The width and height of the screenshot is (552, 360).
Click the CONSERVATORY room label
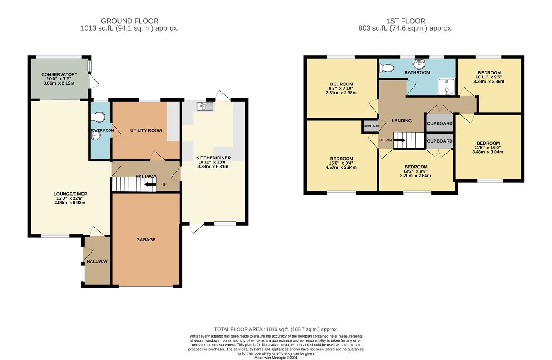[59, 74]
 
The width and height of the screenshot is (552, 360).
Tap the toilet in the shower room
[98, 117]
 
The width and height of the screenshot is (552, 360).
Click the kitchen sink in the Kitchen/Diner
[204, 107]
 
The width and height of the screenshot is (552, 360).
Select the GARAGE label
[146, 239]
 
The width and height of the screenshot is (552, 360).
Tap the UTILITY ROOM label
[146, 130]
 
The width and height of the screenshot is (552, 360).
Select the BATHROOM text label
[417, 72]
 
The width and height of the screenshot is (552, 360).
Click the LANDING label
[401, 121]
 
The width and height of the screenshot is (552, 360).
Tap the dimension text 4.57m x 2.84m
[341, 167]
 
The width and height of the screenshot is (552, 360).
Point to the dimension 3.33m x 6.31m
[213, 166]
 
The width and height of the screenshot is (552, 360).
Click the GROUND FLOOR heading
[130, 21]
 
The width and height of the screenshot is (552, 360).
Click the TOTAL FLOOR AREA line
[276, 329]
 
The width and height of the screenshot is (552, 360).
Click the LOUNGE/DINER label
[70, 194]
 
